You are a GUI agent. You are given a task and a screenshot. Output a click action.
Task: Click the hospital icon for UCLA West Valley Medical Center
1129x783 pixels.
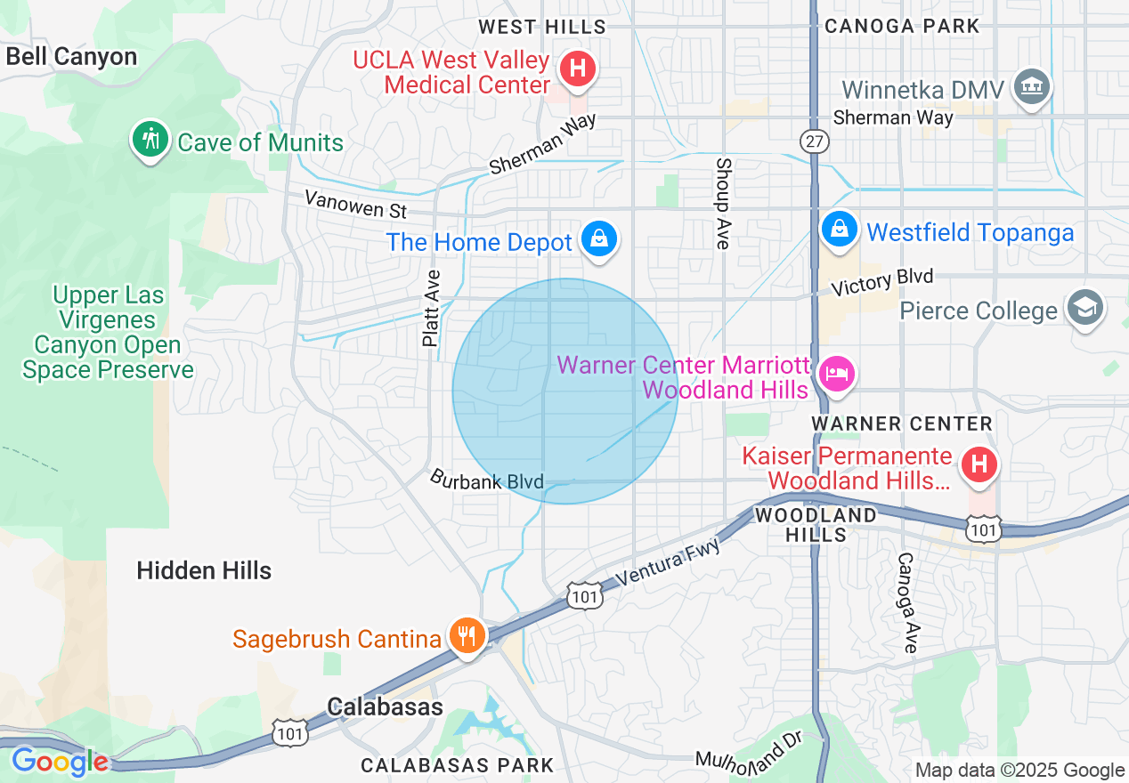point(578,69)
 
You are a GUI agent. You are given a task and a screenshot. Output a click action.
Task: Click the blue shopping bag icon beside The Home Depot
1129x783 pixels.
point(599,239)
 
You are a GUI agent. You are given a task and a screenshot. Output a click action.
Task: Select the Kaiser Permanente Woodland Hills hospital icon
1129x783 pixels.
point(979,464)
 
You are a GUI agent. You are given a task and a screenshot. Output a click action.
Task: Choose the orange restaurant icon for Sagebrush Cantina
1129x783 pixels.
point(465,636)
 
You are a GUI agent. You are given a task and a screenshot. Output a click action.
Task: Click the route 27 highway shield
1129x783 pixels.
point(812,141)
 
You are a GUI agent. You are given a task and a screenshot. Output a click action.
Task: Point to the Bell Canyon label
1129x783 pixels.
point(71,57)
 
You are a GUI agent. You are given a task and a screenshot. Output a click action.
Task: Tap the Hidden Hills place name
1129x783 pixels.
point(204,570)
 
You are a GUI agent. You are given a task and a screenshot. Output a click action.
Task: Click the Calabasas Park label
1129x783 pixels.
point(457,765)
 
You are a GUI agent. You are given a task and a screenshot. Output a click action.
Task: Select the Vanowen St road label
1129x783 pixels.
point(355,204)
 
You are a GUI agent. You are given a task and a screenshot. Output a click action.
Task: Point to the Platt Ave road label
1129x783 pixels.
point(432,308)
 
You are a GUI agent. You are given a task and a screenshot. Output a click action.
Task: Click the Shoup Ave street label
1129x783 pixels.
point(723,203)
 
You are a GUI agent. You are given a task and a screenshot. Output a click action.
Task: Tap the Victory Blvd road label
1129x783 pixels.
point(881,282)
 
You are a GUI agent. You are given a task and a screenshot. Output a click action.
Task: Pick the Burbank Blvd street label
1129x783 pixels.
point(487,480)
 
